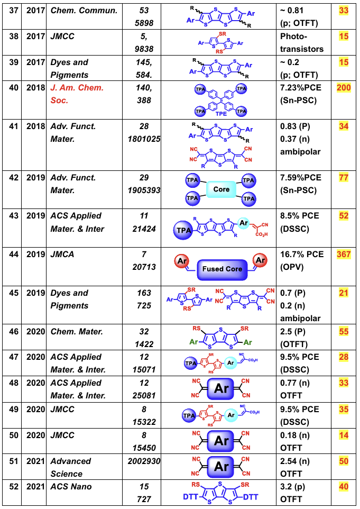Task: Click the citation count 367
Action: (x=344, y=254)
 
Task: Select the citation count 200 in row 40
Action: (x=344, y=87)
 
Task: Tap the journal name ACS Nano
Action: (x=71, y=487)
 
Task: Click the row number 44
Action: (x=12, y=254)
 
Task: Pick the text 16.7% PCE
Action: (x=300, y=254)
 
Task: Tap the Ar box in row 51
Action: (x=222, y=467)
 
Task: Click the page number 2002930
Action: (x=144, y=461)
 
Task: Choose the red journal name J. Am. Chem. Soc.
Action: (x=77, y=94)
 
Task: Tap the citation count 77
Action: (x=344, y=177)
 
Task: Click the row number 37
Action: (x=12, y=10)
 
